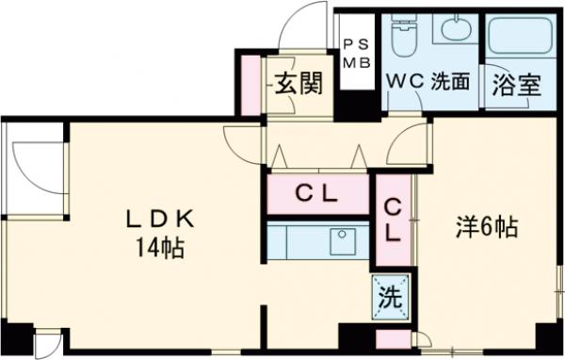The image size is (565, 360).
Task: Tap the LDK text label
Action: click(161, 221)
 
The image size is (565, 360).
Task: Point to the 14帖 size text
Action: click(161, 250)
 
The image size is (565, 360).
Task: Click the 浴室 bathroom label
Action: click(517, 84)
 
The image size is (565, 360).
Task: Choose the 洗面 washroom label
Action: click(450, 82)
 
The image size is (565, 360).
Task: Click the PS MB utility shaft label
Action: click(355, 54)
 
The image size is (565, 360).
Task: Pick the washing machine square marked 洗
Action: click(391, 298)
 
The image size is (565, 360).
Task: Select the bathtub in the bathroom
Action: click(522, 38)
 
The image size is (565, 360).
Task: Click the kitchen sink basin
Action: click(341, 239)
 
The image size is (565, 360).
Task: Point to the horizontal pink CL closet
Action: click(317, 195)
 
